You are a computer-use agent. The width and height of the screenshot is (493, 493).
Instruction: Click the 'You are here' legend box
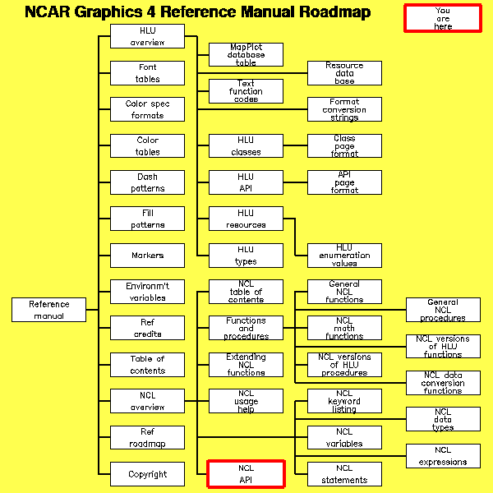[443, 18]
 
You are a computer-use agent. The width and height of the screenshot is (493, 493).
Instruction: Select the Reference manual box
[49, 310]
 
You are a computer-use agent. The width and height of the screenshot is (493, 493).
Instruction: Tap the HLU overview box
[147, 37]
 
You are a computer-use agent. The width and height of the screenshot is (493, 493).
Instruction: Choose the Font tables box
[147, 73]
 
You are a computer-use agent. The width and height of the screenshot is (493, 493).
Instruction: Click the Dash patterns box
[147, 182]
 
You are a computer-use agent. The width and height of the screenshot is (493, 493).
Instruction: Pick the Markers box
[147, 256]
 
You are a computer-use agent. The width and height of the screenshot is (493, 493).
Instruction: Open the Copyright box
[147, 474]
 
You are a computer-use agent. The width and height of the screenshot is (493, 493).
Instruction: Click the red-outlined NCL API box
[246, 474]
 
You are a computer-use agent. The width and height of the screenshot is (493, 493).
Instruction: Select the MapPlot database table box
[246, 55]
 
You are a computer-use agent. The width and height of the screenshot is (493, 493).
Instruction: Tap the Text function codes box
[246, 91]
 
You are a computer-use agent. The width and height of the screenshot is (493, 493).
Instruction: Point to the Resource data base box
[344, 73]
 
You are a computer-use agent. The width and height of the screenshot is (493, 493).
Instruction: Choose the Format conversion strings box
[344, 109]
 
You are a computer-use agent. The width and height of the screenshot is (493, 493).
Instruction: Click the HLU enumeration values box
[344, 256]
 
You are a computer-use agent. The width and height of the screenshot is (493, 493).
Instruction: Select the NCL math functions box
[344, 328]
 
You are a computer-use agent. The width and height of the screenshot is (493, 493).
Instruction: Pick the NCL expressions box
[443, 456]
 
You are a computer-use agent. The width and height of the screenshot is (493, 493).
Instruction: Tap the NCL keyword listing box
[344, 401]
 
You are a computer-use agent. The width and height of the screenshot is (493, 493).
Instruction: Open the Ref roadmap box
[147, 438]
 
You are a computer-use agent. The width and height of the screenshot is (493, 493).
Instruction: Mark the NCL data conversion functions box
[443, 383]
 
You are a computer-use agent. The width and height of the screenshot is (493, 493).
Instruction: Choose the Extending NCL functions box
[246, 365]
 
